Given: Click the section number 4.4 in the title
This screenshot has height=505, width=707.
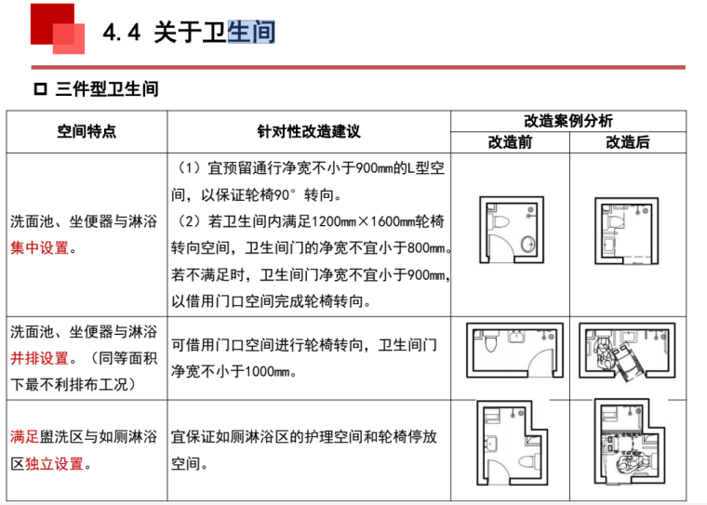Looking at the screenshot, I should tap(121, 33).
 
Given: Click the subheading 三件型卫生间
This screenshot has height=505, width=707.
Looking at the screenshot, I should tap(107, 89).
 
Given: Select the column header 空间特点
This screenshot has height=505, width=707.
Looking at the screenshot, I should tap(87, 132).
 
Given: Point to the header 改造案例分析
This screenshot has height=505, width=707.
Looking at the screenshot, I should tap(567, 122).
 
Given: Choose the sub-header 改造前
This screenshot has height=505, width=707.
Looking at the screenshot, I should tap(510, 142).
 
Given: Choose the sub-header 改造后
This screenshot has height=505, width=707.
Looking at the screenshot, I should tap(628, 142).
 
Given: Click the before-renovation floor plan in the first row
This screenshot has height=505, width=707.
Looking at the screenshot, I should tap(510, 230).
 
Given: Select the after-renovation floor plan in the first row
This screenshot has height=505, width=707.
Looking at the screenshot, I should tap(626, 230).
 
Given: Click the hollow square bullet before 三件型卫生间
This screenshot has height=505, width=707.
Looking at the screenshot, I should tap(39, 89).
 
